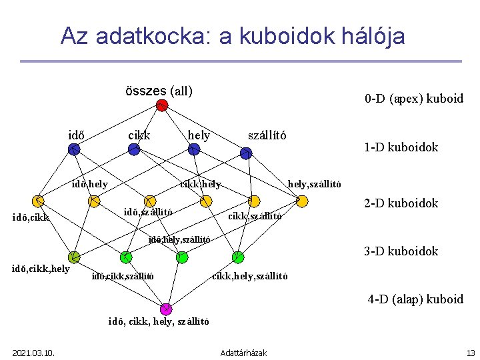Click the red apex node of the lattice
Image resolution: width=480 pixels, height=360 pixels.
(161, 105)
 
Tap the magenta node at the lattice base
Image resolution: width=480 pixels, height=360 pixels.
(165, 309)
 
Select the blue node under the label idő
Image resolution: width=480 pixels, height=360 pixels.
(74, 150)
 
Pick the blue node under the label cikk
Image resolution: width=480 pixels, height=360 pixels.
(134, 150)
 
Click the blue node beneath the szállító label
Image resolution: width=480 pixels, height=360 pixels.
(246, 153)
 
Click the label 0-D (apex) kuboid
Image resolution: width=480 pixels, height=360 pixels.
(413, 99)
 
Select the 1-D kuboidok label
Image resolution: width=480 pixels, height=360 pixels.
(401, 147)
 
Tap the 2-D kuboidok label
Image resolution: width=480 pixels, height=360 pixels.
(401, 203)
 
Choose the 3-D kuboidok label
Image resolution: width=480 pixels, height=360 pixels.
(401, 251)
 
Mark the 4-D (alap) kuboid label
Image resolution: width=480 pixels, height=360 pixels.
(415, 299)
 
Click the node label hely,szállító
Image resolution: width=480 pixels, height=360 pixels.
(314, 184)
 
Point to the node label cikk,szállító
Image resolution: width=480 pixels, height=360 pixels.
(255, 215)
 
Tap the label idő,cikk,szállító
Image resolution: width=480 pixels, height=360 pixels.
(123, 275)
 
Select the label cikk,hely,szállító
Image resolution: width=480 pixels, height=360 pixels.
(249, 275)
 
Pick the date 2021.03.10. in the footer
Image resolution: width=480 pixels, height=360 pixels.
(33, 352)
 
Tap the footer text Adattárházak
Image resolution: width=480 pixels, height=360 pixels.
(243, 352)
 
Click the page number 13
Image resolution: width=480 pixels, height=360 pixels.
(470, 352)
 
